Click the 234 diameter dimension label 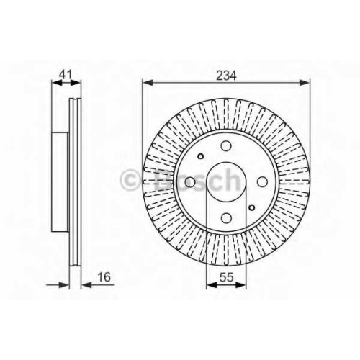click(226, 75)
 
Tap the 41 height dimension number click(66, 75)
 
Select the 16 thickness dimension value click(104, 277)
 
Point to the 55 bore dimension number click(226, 277)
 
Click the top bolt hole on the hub click(226, 146)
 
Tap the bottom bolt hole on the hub click(226, 217)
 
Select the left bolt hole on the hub click(190, 181)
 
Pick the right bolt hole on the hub click(262, 181)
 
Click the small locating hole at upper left click(201, 156)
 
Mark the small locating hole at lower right click(252, 207)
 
